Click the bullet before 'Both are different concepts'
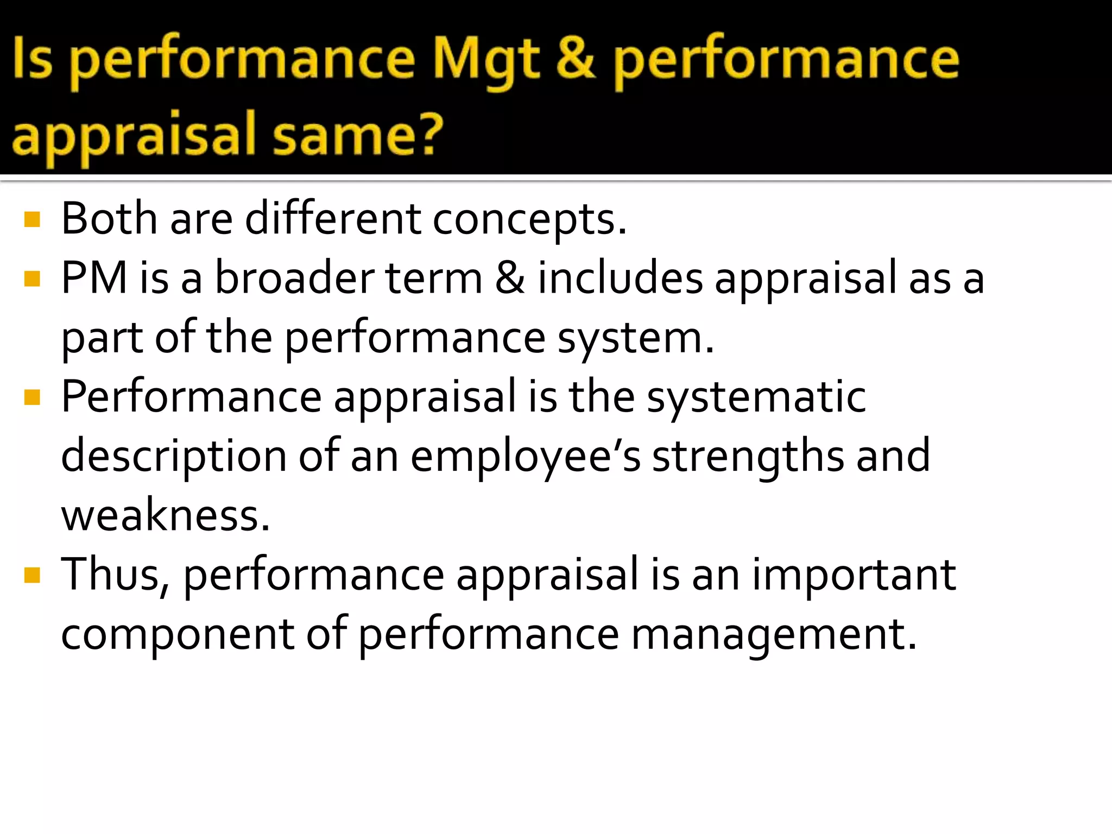pyautogui.click(x=33, y=219)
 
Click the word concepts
pyautogui.click(x=529, y=220)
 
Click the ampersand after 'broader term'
pyautogui.click(x=510, y=279)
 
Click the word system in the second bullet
pyautogui.click(x=635, y=339)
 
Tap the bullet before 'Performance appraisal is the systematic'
pyautogui.click(x=33, y=398)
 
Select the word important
pyautogui.click(x=853, y=575)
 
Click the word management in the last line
pyautogui.click(x=773, y=635)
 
